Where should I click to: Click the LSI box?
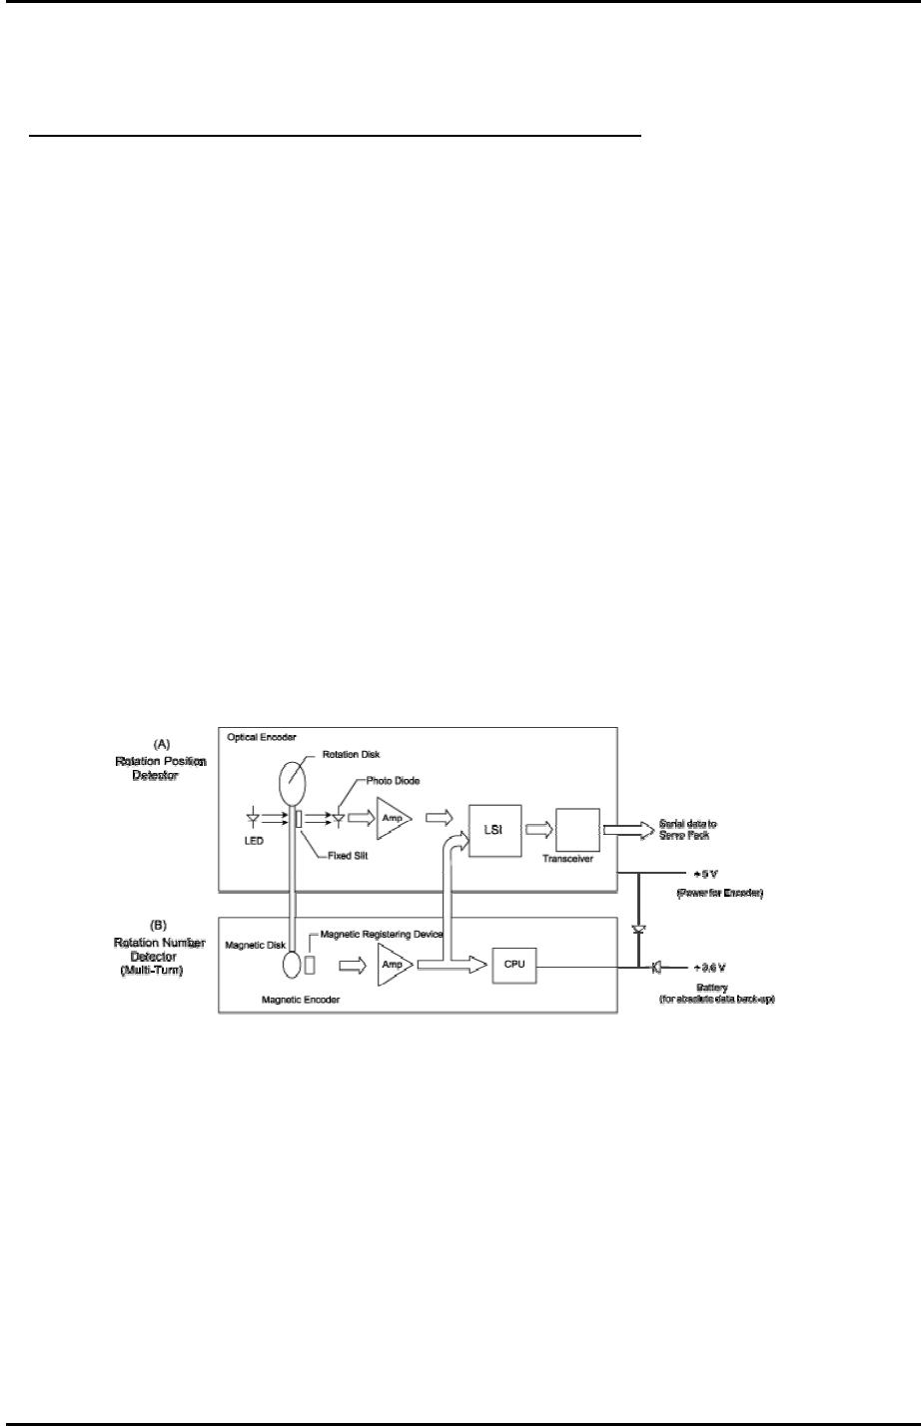click(496, 831)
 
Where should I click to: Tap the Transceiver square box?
click(578, 830)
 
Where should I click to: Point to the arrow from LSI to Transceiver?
click(536, 831)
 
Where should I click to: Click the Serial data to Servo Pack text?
click(688, 828)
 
